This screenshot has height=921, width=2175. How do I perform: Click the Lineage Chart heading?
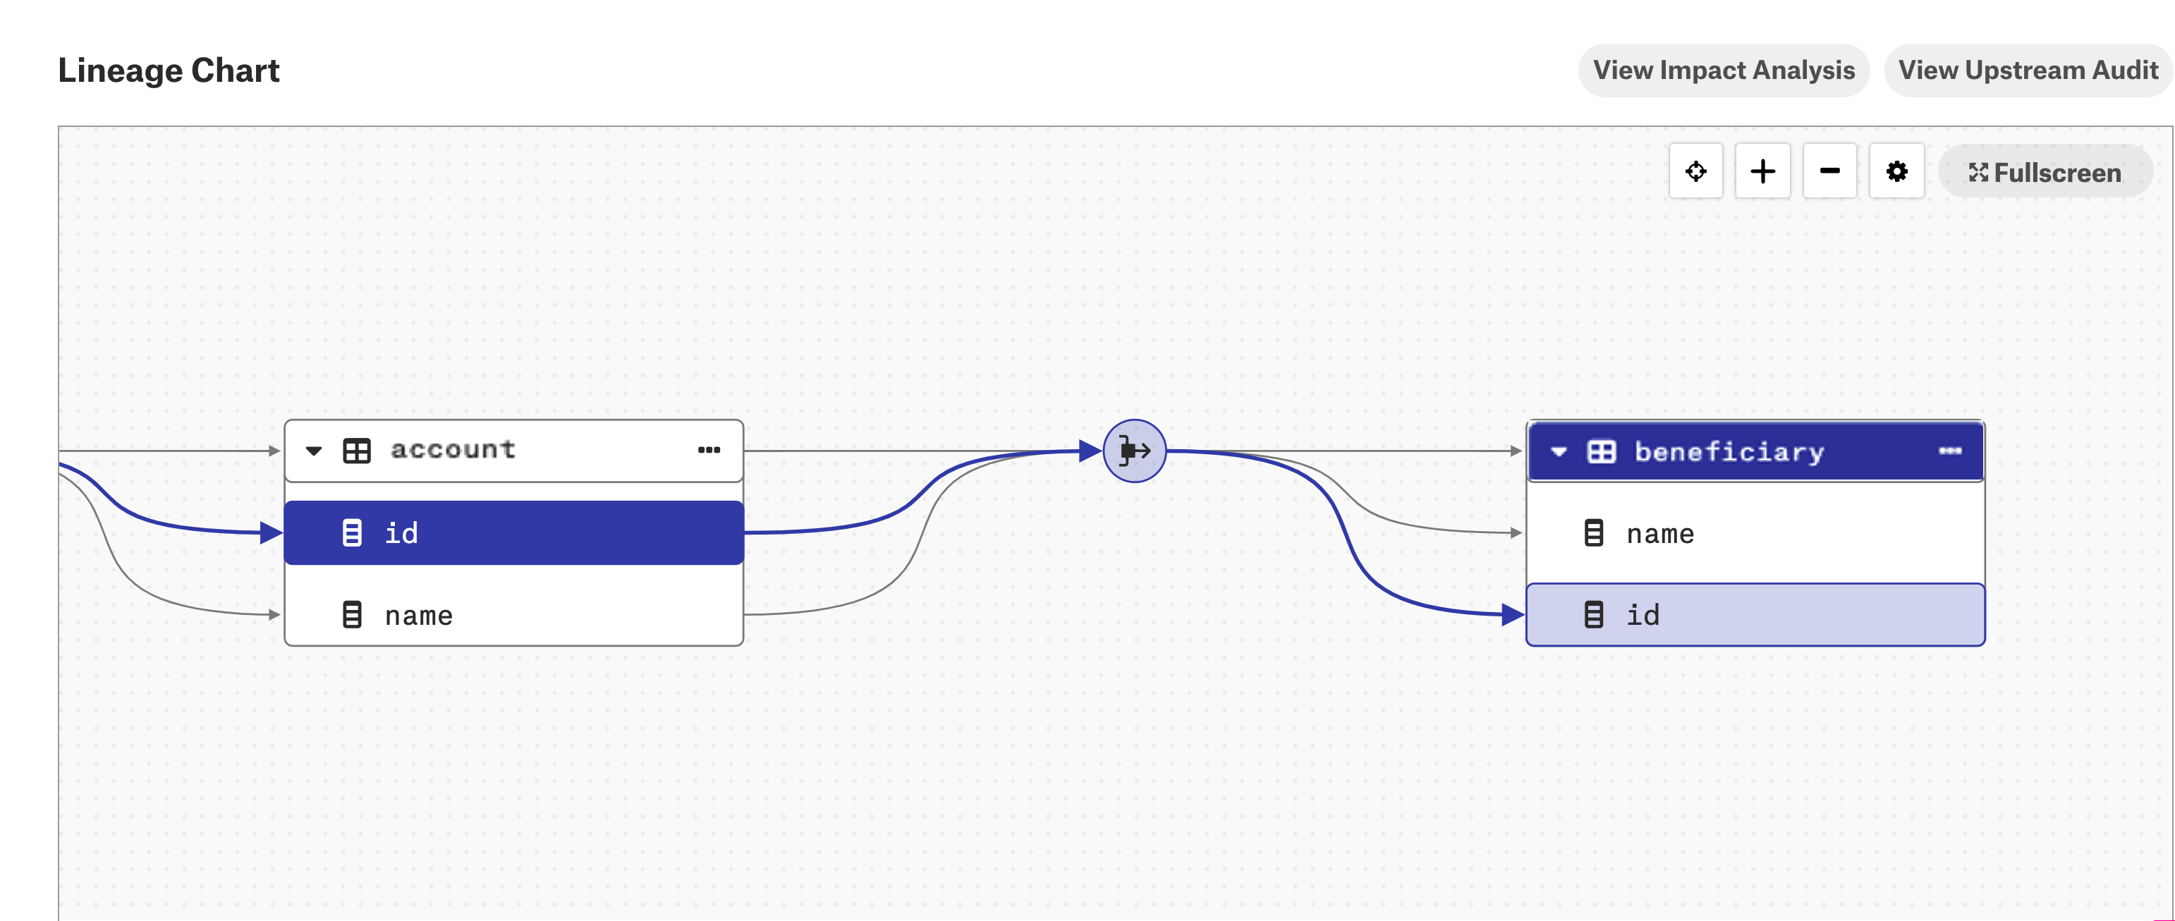click(x=168, y=70)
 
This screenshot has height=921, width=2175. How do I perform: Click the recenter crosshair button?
click(x=1695, y=171)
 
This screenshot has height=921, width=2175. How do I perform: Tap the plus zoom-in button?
click(x=1762, y=171)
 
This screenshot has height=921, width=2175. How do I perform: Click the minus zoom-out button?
click(x=1829, y=171)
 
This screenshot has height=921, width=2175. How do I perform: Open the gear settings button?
click(x=1896, y=171)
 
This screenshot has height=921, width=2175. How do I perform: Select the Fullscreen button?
click(x=2045, y=172)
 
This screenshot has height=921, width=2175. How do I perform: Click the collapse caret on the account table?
click(x=314, y=451)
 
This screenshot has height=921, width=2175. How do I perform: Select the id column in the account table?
click(x=513, y=532)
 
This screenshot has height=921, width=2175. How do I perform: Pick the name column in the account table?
click(x=513, y=614)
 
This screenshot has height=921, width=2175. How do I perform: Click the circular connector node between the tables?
click(x=1135, y=451)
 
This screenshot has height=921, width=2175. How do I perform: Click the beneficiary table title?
click(x=1729, y=451)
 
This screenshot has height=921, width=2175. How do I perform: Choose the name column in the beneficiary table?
click(x=1756, y=534)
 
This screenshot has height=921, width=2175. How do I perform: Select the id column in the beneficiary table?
click(x=1756, y=614)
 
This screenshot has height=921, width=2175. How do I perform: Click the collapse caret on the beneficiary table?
click(x=1559, y=451)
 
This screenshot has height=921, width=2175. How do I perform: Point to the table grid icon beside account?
click(x=356, y=451)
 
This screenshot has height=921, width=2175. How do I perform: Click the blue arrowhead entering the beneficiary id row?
click(x=1513, y=614)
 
